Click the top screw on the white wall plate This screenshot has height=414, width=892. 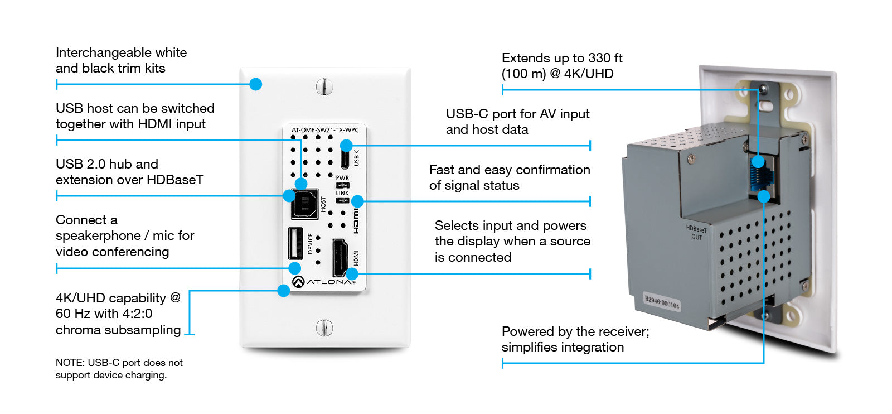click(324, 86)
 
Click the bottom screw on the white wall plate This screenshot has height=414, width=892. click(324, 328)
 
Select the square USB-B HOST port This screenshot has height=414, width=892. click(305, 205)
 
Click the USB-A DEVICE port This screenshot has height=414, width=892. click(295, 244)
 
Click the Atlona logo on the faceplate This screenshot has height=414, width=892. click(324, 282)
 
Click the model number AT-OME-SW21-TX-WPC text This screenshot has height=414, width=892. click(324, 130)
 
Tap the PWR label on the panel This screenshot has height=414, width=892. click(342, 178)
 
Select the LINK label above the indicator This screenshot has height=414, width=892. click(342, 193)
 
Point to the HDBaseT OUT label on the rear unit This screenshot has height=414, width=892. click(696, 233)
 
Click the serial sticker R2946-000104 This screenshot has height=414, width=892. click(662, 302)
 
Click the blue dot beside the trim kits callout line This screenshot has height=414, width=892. click(255, 84)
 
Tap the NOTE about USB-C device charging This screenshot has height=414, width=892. click(119, 369)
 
